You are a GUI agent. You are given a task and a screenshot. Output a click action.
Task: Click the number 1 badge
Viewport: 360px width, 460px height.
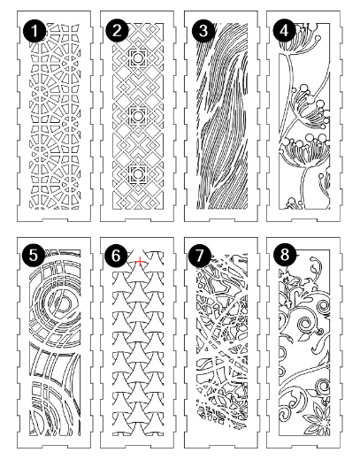tap(34, 31)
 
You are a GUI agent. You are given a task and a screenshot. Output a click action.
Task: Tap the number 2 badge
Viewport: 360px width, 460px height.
tap(117, 31)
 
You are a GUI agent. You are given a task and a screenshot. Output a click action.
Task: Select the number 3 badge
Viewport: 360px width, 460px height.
tap(203, 31)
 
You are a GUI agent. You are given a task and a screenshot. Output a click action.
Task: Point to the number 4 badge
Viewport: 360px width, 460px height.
tap(285, 31)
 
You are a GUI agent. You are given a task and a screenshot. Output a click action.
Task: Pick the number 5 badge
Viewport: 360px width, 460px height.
tap(34, 255)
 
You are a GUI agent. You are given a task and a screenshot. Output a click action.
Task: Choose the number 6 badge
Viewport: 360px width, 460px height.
tap(116, 255)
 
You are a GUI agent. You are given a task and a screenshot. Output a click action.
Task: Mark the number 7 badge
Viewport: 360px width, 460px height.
tap(200, 255)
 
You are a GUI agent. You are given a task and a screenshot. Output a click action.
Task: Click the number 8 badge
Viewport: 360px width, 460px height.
tap(285, 255)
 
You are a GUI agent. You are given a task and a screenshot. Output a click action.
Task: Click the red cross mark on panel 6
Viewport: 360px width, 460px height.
tap(140, 261)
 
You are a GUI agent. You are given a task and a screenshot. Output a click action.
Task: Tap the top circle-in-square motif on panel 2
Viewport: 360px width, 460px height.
tap(137, 58)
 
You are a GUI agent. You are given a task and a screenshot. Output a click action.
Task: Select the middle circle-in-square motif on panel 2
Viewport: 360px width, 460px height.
tap(137, 116)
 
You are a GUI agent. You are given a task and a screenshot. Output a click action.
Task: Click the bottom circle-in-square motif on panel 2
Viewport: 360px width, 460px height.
tap(137, 174)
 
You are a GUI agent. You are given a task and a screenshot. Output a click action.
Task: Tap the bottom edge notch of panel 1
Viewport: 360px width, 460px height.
tap(55, 220)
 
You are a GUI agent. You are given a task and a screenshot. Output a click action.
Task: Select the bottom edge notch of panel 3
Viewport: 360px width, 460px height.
tap(222, 220)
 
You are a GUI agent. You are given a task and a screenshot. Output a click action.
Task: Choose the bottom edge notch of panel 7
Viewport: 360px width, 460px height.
tap(222, 447)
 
